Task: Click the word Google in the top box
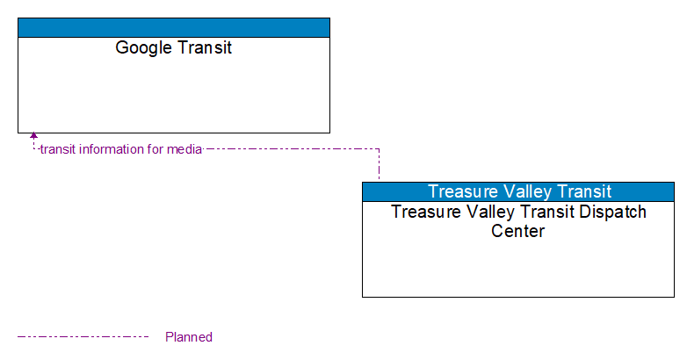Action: click(x=142, y=47)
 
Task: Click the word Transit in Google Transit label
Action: click(x=203, y=47)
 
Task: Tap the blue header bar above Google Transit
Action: click(x=174, y=27)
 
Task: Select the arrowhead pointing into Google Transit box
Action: click(x=33, y=137)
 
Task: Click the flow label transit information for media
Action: click(x=121, y=149)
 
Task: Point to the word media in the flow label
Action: click(x=184, y=149)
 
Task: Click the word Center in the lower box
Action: click(x=517, y=232)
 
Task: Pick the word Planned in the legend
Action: click(x=189, y=337)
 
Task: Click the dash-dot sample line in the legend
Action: click(x=83, y=336)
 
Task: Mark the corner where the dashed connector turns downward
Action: click(x=379, y=149)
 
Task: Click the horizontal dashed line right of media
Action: click(x=290, y=149)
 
